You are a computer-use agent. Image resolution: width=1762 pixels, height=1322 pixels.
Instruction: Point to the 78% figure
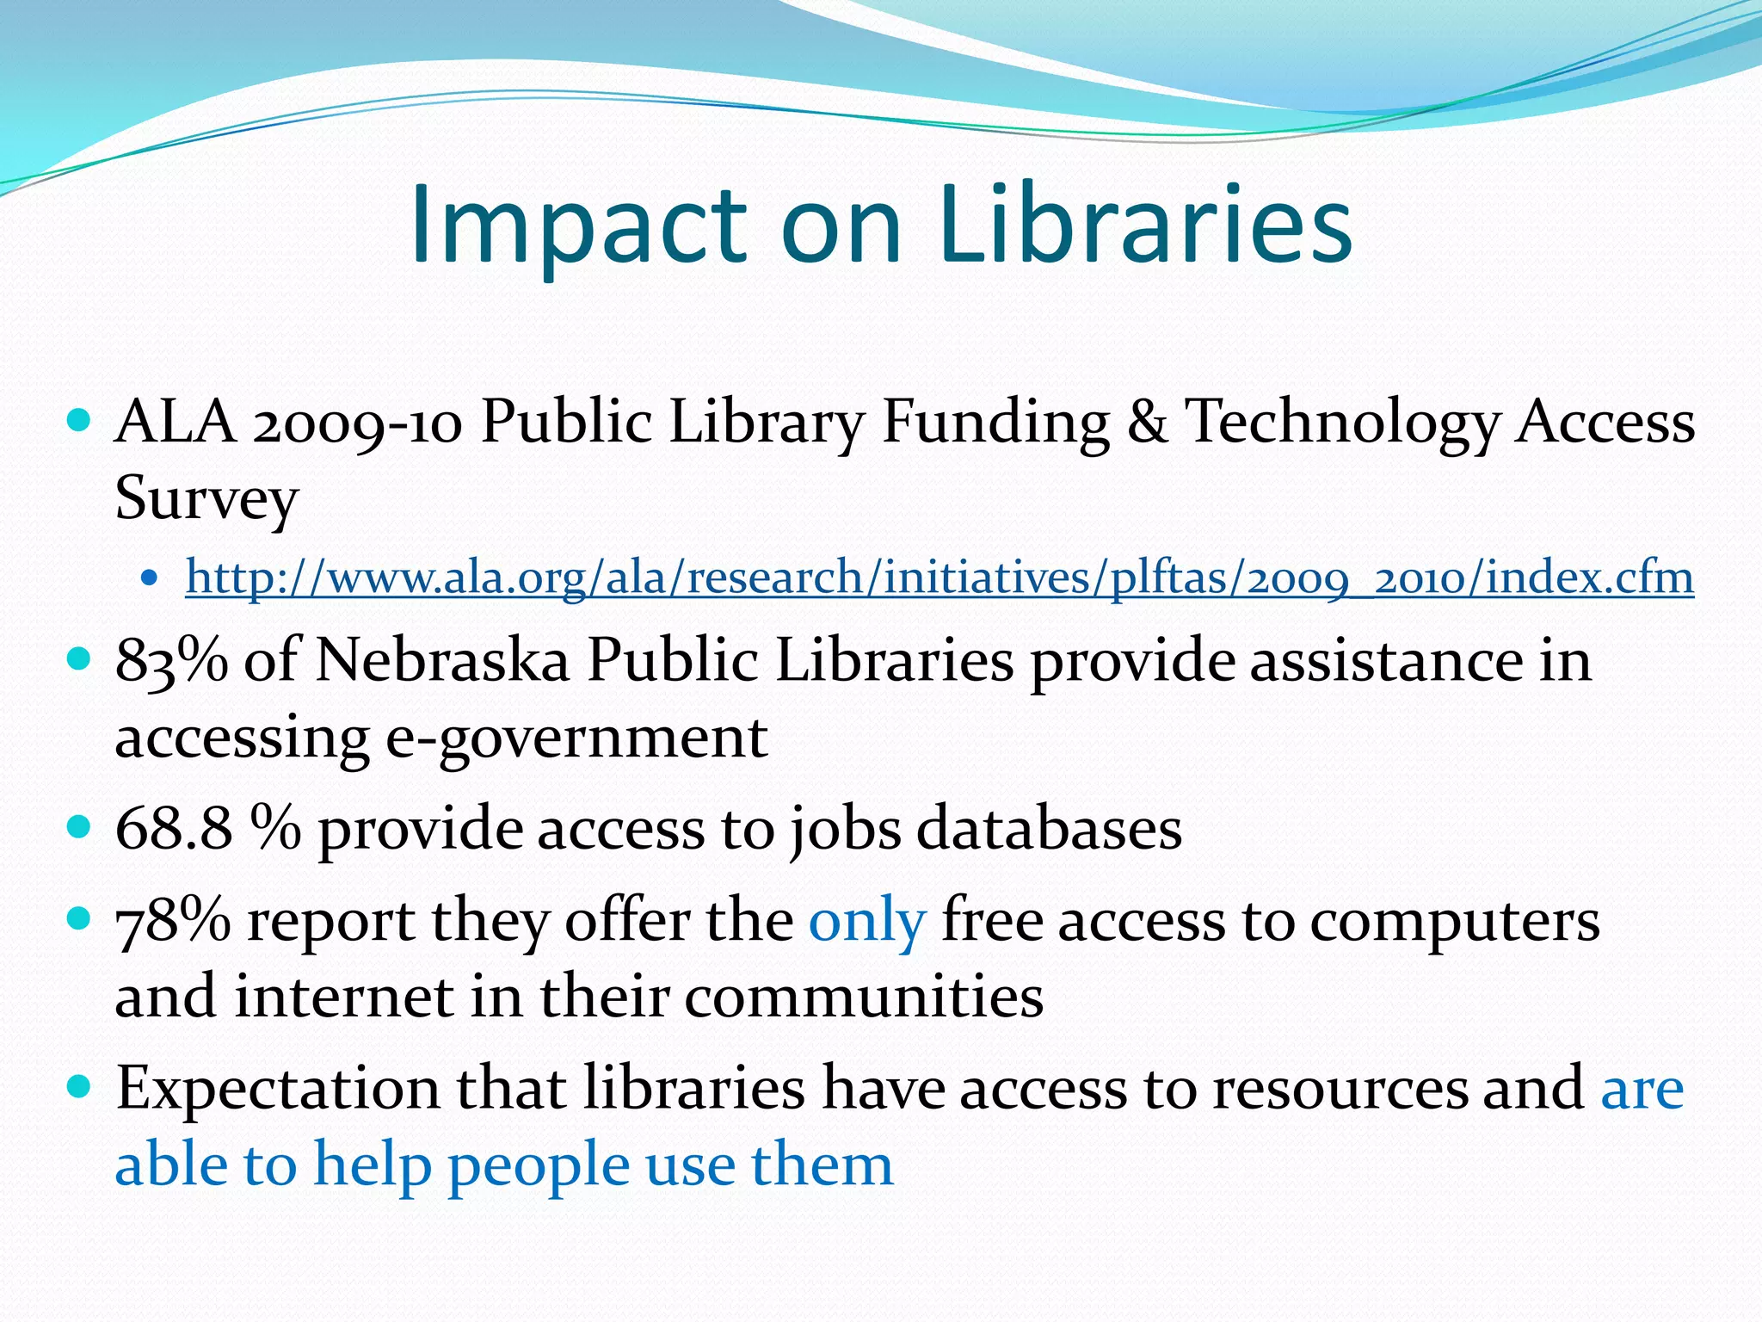tap(173, 921)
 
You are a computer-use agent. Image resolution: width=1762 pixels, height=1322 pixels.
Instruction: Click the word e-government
tap(576, 738)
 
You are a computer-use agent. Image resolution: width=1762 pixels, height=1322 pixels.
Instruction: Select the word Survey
tap(206, 499)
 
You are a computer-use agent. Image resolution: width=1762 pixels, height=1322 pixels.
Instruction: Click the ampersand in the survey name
tap(1147, 422)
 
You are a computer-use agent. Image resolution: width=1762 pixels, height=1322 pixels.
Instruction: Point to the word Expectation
tap(278, 1089)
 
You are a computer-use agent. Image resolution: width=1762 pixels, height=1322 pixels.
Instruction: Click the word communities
tap(864, 997)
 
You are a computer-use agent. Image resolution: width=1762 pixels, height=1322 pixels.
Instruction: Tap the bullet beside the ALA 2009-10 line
tap(78, 421)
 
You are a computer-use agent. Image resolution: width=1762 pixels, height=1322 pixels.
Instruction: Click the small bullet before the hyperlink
tap(151, 578)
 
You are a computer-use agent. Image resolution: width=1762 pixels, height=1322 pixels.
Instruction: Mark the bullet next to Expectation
tap(78, 1086)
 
